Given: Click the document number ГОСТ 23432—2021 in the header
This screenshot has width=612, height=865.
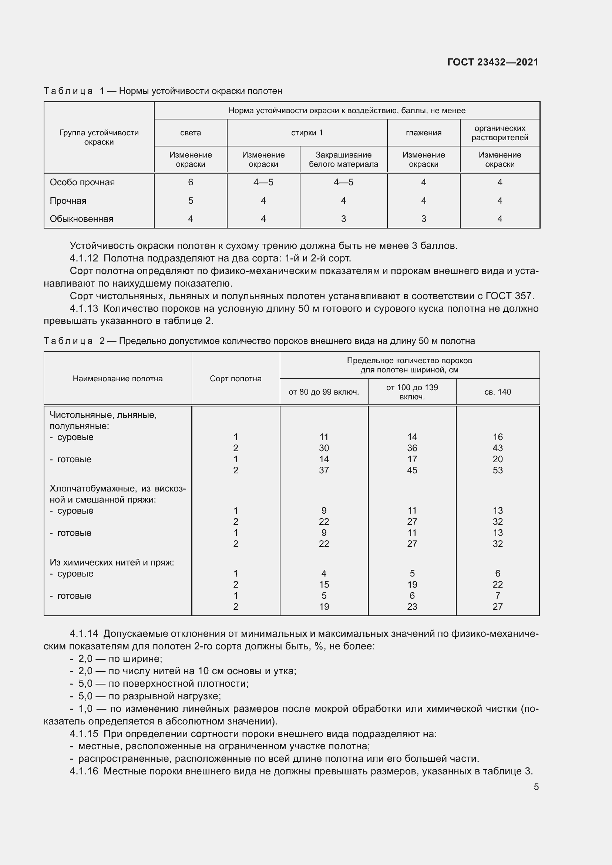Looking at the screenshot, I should click(x=492, y=62).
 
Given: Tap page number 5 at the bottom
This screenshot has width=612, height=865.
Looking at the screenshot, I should click(x=536, y=787).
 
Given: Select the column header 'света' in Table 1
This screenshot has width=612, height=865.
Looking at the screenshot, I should click(x=190, y=133).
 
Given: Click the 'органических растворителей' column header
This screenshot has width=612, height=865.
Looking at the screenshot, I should click(x=500, y=133).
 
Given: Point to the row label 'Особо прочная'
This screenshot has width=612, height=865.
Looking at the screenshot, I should click(x=82, y=182).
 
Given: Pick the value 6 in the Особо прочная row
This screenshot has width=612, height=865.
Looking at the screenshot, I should click(x=190, y=182).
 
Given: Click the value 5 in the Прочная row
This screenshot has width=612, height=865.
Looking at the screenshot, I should click(x=190, y=201).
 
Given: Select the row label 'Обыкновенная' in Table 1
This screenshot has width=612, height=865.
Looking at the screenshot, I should click(x=81, y=219).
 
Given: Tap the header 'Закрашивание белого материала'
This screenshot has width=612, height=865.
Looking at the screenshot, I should click(x=343, y=159).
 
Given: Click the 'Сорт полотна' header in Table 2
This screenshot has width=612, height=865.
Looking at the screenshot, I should click(x=236, y=379).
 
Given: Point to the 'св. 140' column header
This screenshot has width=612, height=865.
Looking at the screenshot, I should click(x=497, y=392).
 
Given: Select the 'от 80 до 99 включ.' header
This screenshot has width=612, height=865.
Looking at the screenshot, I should click(x=324, y=392).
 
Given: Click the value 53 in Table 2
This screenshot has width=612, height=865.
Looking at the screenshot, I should click(x=497, y=470).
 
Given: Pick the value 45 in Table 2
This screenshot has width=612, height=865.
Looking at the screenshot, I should click(x=412, y=470).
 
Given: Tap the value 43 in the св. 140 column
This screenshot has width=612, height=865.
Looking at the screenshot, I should click(x=497, y=448).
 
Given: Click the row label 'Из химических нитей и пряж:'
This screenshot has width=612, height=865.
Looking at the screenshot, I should click(x=112, y=562).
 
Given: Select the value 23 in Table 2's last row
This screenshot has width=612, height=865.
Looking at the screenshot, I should click(x=412, y=606).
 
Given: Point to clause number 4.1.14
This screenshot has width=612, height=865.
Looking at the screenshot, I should click(x=84, y=634).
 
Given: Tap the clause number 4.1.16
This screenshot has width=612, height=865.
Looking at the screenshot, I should click(x=84, y=771).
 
